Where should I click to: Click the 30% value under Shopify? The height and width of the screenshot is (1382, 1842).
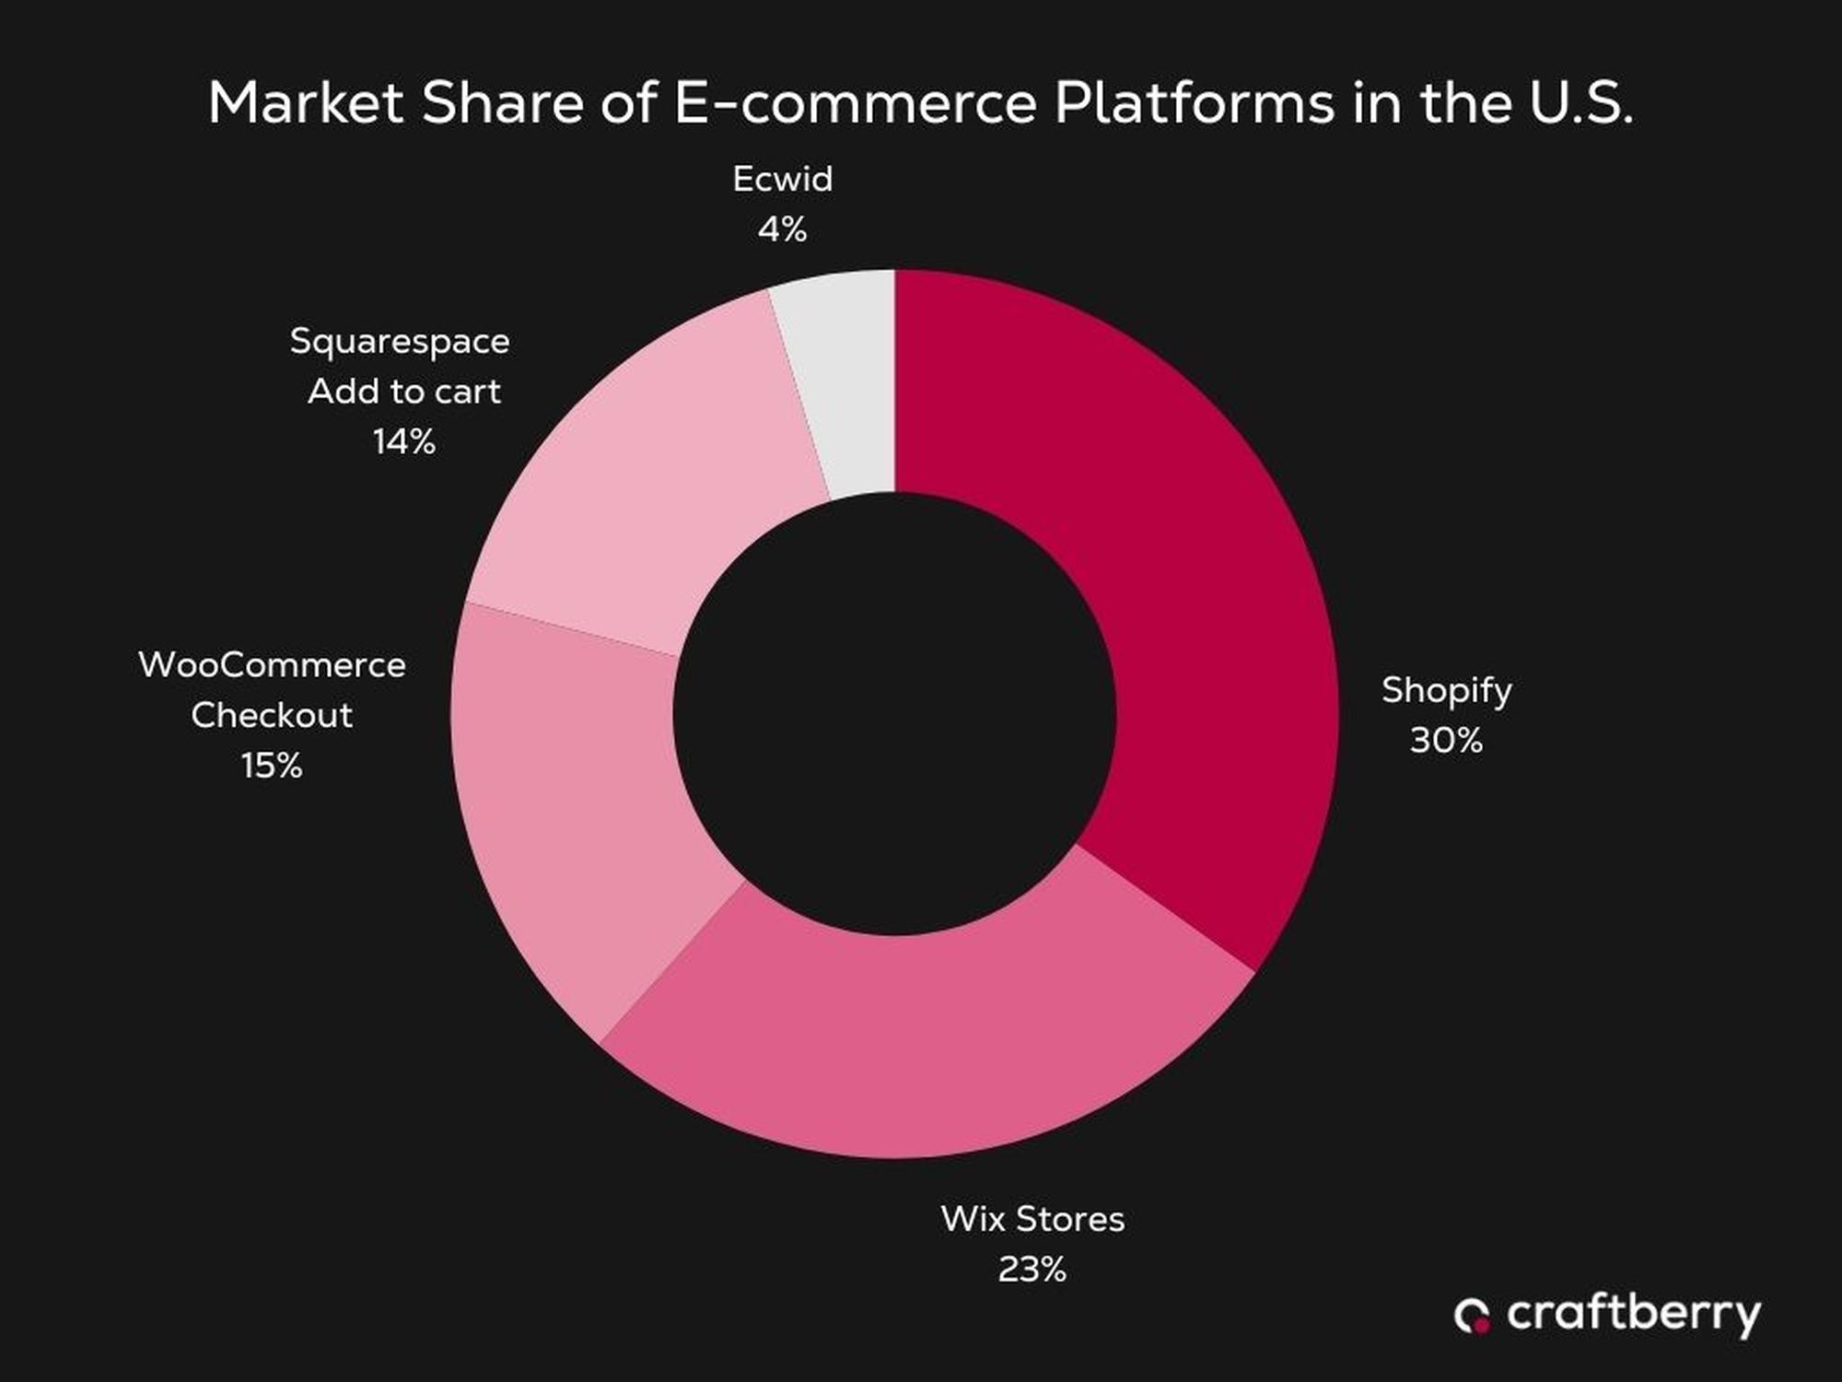click(1446, 741)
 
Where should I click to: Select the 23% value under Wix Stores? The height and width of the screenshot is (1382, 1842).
click(1032, 1270)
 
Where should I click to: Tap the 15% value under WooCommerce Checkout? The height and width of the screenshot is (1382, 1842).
click(272, 766)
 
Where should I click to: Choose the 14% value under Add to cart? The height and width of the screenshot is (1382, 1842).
click(403, 442)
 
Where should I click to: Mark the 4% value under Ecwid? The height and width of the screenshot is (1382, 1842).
click(782, 228)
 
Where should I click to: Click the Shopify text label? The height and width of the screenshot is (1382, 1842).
click(1446, 691)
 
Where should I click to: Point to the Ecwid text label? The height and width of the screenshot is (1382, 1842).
click(782, 179)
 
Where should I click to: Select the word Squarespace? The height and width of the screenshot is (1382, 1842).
click(400, 342)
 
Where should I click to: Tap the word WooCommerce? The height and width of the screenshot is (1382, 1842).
click(272, 665)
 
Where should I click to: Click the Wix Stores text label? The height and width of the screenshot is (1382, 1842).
click(1032, 1219)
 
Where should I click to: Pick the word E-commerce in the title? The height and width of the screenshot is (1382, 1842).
click(856, 102)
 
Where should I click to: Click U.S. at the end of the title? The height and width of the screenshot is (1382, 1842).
click(1581, 102)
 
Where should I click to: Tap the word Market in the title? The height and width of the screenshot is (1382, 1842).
click(306, 102)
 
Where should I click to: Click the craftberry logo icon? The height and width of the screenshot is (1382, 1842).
click(1472, 1316)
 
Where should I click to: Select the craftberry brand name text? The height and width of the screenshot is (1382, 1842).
click(1633, 1314)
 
